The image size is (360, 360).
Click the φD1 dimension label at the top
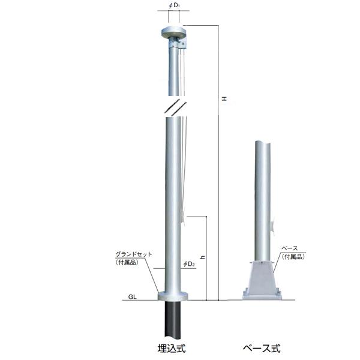173,7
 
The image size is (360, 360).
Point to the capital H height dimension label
223,98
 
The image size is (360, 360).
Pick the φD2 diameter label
190,264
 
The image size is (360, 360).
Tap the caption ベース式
261,347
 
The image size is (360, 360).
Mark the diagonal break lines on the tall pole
173,107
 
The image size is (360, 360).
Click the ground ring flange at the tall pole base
173,295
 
